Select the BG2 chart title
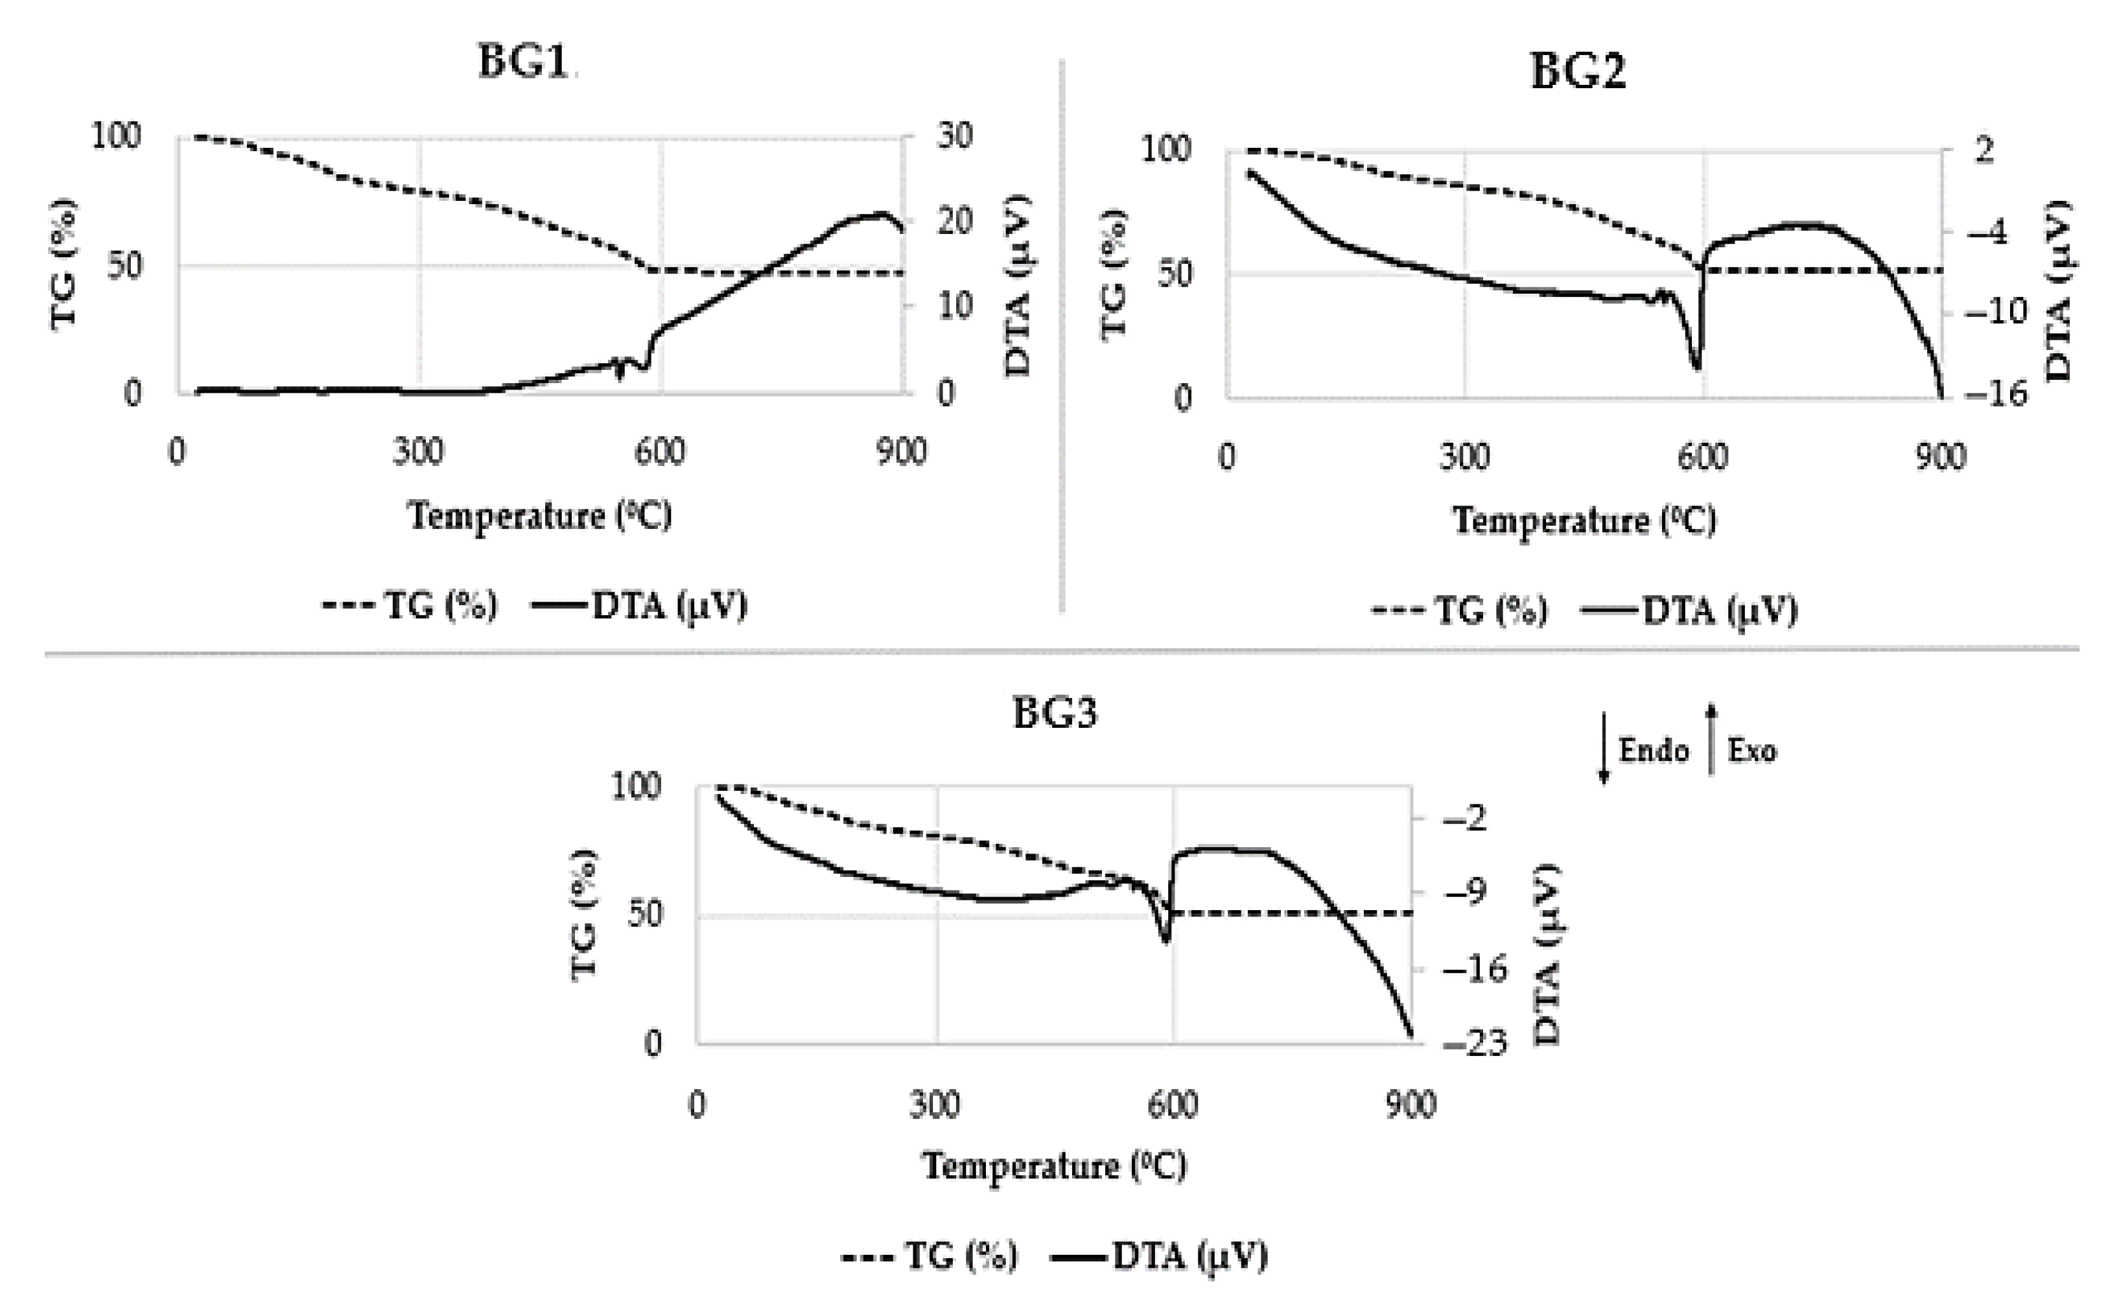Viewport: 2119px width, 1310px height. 1578,71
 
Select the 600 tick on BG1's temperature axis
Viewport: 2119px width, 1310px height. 659,451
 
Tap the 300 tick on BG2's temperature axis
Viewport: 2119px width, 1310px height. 1464,456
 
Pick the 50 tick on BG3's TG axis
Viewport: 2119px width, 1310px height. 644,914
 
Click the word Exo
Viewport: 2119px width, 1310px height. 1751,751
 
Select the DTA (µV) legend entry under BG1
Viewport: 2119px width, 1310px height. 641,605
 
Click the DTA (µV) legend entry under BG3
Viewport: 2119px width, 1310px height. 1161,1256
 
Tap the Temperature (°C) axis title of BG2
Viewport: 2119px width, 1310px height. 1584,520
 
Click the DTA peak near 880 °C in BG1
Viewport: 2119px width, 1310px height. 880,213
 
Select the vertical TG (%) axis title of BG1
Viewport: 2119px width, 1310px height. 64,264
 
